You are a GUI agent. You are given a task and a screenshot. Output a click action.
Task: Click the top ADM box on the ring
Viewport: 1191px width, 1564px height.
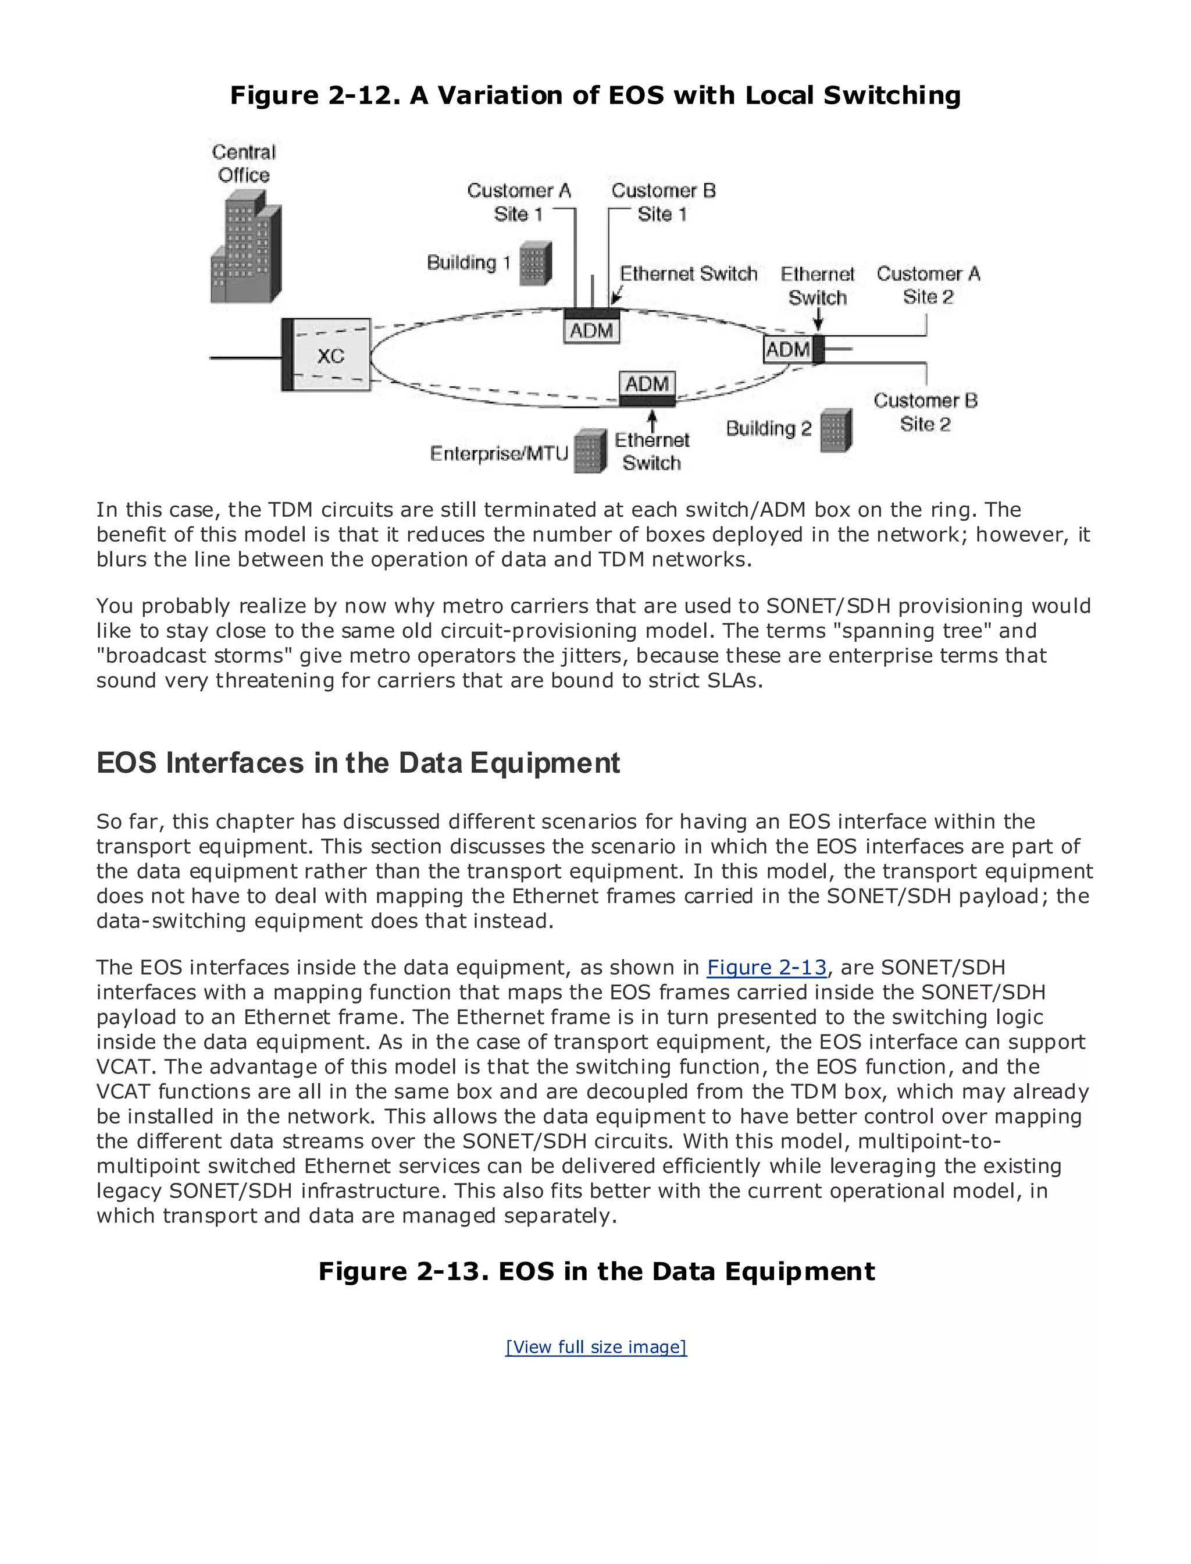click(591, 330)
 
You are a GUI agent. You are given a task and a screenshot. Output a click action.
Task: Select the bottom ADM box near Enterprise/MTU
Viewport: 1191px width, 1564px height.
click(647, 384)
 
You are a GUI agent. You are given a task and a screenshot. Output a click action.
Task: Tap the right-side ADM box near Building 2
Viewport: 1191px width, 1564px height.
click(787, 349)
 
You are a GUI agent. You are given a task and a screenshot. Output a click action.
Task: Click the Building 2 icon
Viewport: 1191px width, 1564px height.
click(836, 430)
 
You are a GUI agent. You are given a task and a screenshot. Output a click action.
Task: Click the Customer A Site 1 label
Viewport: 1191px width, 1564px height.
click(519, 202)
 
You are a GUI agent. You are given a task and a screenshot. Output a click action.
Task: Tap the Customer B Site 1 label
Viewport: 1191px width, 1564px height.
click(663, 202)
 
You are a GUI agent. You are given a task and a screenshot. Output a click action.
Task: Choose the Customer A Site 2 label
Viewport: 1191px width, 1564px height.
click(928, 285)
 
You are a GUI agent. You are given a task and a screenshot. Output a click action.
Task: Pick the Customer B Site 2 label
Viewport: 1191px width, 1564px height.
click(925, 412)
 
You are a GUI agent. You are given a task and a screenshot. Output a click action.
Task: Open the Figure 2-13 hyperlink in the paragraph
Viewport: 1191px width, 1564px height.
click(766, 968)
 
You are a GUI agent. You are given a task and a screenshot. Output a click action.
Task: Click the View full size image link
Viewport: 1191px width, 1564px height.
click(595, 1347)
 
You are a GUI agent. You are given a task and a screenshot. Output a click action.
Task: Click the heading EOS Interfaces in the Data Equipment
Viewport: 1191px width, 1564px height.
click(358, 763)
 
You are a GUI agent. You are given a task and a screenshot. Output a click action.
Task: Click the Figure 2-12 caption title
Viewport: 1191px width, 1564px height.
click(595, 95)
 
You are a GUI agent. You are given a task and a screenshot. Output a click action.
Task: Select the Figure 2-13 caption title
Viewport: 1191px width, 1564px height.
click(596, 1271)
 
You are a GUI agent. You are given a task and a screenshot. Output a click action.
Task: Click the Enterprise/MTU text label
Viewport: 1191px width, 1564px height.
click(499, 453)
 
